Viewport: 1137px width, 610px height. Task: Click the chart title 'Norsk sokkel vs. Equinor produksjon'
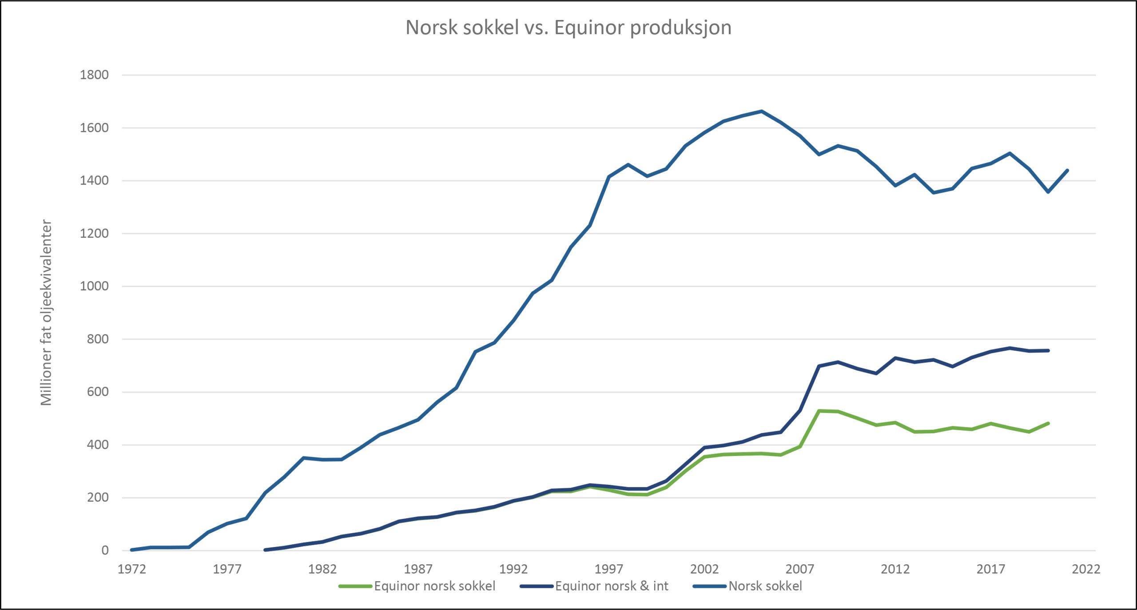pos(568,28)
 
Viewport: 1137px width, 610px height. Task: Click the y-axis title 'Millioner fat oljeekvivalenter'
pos(46,313)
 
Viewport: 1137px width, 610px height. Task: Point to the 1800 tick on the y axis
pos(94,75)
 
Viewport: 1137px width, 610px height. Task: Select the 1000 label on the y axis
pos(94,286)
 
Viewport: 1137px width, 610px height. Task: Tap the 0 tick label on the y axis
pos(105,551)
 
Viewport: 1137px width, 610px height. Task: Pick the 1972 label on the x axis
pos(131,569)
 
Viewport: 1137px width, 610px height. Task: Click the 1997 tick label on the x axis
pos(609,569)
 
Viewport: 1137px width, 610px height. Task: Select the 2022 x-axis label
pos(1086,569)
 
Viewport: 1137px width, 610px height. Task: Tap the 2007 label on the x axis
pos(799,569)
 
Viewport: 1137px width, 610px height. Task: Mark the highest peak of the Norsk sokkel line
pos(762,111)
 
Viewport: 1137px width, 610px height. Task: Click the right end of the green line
pos(1048,424)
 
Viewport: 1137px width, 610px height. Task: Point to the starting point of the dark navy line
pos(265,550)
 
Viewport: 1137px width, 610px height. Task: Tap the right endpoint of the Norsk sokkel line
pos(1067,170)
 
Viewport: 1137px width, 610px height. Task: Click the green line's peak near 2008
pos(819,411)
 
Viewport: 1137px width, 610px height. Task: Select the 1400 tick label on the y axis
pos(94,181)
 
